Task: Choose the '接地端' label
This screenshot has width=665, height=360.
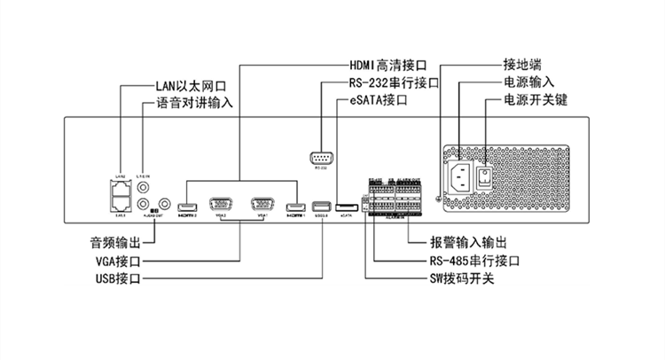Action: tap(522, 65)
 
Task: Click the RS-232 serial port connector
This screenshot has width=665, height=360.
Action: tap(321, 157)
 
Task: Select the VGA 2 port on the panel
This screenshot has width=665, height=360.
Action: tap(219, 204)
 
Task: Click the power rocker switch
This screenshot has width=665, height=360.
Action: tap(486, 177)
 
